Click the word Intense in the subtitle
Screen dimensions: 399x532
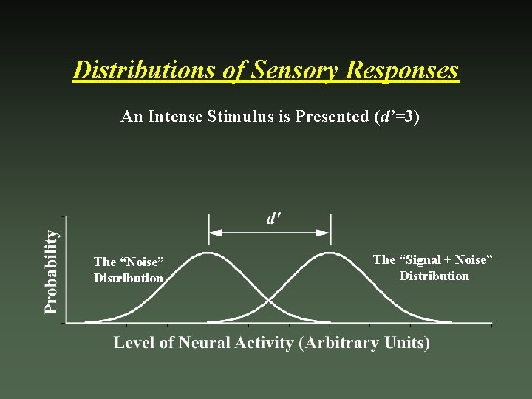click(x=175, y=117)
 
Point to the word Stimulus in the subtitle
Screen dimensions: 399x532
click(x=236, y=117)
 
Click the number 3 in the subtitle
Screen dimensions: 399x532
click(x=411, y=117)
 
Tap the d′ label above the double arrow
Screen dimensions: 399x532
click(x=273, y=218)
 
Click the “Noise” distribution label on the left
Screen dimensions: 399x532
click(x=129, y=270)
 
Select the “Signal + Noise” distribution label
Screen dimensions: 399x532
click(x=433, y=267)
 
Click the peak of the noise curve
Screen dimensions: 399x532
click(x=208, y=253)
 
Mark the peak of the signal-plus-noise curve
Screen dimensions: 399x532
click(x=330, y=253)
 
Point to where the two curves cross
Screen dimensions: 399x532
click(x=269, y=299)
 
